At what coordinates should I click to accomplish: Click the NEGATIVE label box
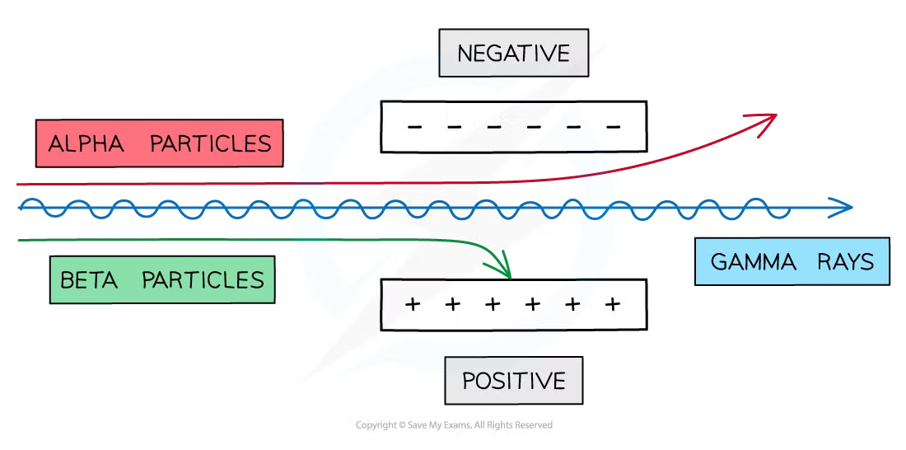[x=513, y=54]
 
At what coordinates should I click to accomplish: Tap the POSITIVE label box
[x=514, y=382]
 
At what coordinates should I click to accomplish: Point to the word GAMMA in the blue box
[x=753, y=263]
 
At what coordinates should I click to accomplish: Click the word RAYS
[x=846, y=263]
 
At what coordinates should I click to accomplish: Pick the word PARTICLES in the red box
[x=210, y=144]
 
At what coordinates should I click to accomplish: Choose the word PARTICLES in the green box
[x=203, y=279]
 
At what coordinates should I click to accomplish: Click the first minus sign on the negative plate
[x=414, y=127]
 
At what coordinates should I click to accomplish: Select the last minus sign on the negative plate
[x=613, y=127]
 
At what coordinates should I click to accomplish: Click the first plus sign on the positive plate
[x=413, y=304]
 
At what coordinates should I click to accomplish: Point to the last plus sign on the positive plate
[x=612, y=304]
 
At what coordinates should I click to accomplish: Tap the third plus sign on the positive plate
[x=493, y=304]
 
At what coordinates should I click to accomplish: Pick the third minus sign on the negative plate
[x=494, y=127]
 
